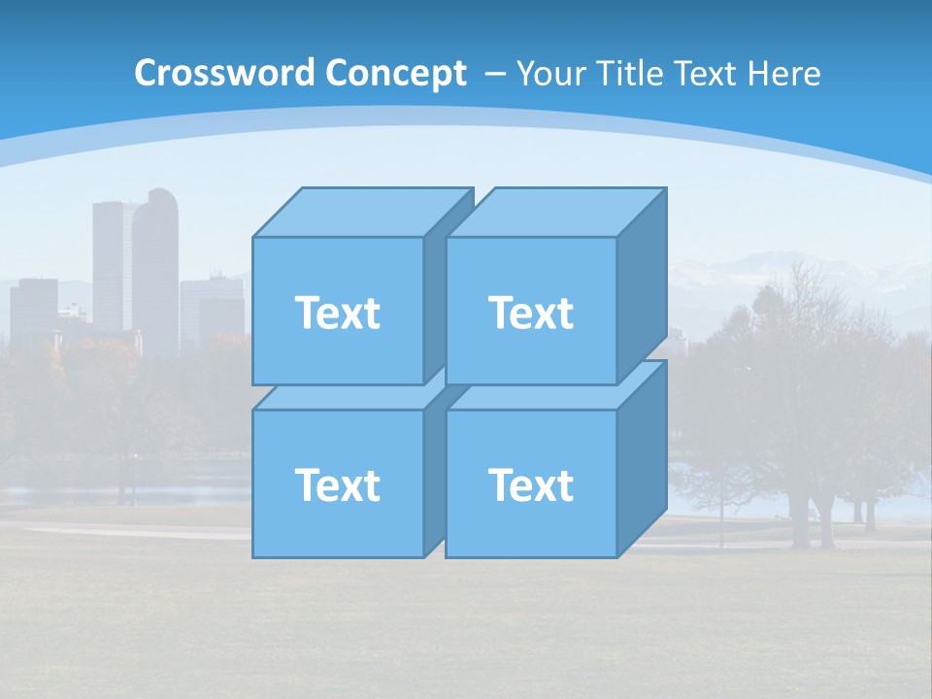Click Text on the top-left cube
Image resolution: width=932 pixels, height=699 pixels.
(337, 313)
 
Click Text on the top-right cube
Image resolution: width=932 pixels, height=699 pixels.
(530, 313)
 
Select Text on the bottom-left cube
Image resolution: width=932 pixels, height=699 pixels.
(337, 484)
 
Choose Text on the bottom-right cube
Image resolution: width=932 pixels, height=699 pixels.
(530, 484)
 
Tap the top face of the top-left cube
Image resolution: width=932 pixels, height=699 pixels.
(362, 213)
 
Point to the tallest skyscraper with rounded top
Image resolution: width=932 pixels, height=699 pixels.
(156, 262)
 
